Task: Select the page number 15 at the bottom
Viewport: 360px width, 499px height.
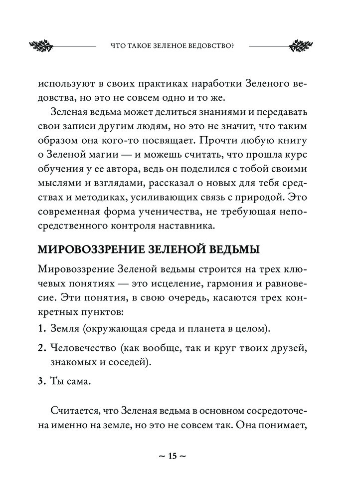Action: (173, 456)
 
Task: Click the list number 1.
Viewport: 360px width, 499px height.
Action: (41, 329)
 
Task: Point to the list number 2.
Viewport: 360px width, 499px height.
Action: (41, 347)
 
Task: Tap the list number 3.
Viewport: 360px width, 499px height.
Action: (41, 382)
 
